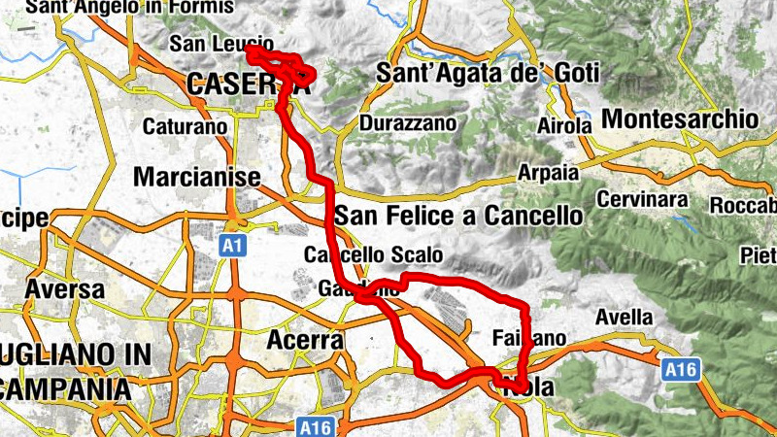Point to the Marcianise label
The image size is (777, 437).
pos(197,178)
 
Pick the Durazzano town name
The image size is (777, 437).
pos(407,124)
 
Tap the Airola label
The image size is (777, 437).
pos(564,126)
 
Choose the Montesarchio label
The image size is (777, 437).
pos(680,118)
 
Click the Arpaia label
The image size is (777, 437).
pos(548,172)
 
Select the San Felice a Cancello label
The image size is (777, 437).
pos(458,215)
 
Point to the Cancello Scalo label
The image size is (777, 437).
pos(373,255)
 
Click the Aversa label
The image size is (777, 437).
pos(65,289)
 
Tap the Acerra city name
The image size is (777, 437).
pos(304,341)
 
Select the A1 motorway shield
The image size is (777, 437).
pos(230,246)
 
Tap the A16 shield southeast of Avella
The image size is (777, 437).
pos(681,369)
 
